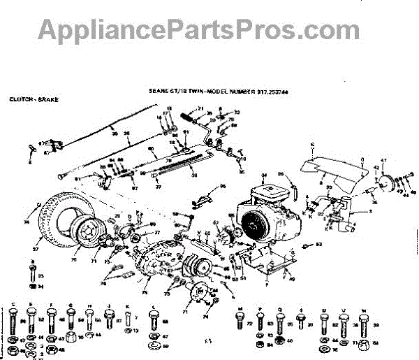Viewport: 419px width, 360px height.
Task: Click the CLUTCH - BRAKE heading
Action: (34, 100)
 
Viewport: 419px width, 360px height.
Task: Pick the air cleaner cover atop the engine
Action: (270, 187)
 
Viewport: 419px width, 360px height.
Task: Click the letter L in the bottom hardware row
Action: (153, 307)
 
